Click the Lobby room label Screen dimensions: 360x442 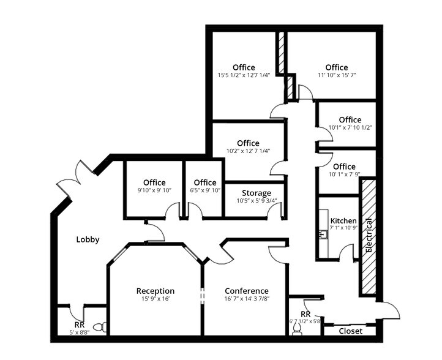88,239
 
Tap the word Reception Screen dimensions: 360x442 155,291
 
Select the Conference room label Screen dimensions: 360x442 247,291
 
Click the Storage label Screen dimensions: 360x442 257,193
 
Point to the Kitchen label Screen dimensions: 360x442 343,220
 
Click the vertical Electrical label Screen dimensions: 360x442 369,236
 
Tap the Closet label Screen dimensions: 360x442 350,331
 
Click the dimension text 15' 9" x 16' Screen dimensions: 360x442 155,299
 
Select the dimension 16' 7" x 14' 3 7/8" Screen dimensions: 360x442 247,299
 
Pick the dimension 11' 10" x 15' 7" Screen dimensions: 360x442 337,75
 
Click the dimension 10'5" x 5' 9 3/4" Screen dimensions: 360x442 257,201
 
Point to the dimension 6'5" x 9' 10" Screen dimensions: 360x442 205,190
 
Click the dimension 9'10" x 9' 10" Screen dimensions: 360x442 154,190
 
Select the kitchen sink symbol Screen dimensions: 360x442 322,234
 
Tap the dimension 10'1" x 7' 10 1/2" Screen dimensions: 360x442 350,128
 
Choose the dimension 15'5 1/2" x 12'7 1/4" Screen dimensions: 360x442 244,75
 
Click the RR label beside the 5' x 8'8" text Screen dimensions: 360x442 79,325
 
